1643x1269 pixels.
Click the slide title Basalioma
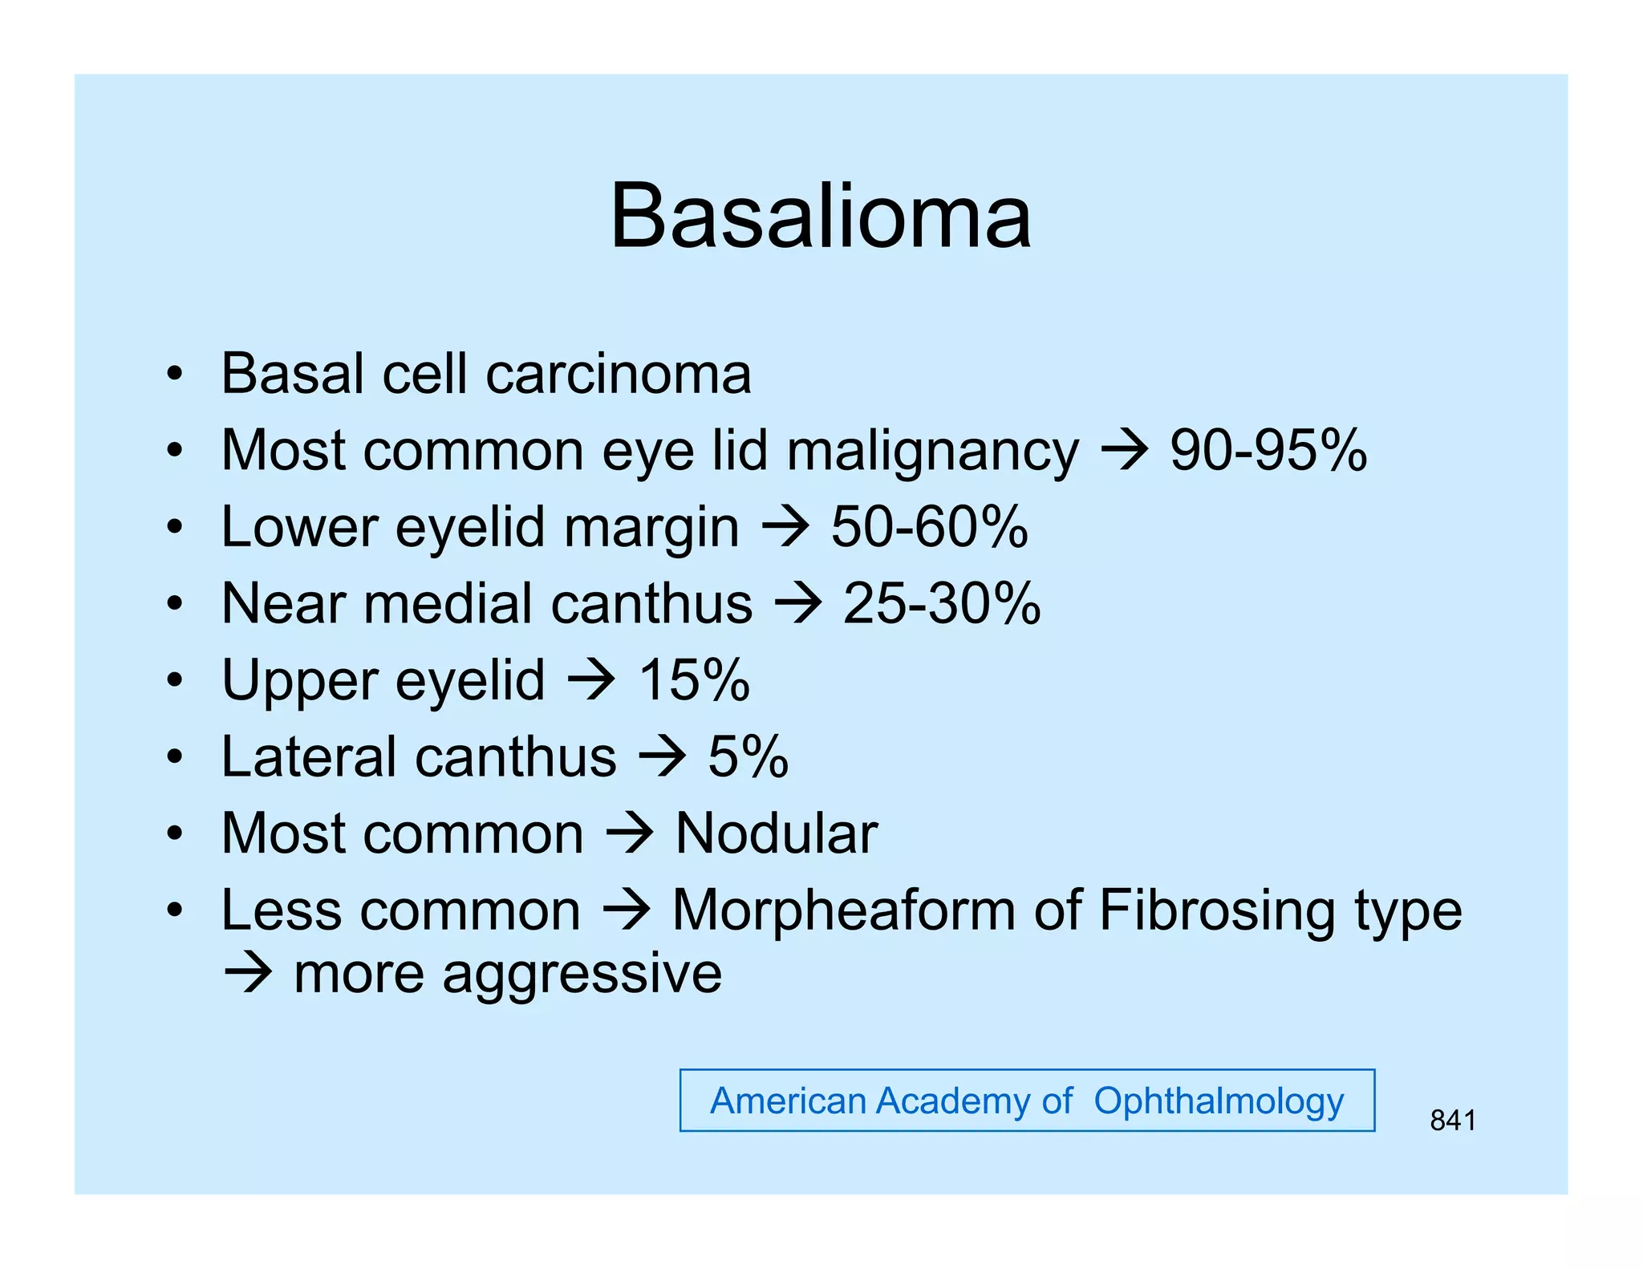coord(820,217)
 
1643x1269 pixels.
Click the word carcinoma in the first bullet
coord(619,374)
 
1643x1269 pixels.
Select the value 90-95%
coord(1268,450)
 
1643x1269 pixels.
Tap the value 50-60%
coord(929,527)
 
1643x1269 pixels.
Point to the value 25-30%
coord(941,603)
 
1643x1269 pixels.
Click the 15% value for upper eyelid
coord(694,680)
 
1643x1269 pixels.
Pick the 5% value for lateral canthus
coord(748,756)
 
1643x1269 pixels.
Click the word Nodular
coord(776,833)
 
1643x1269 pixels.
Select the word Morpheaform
coord(843,910)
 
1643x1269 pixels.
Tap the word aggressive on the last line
coord(582,974)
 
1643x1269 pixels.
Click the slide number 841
coord(1452,1120)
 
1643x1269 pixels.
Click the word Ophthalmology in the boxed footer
coord(1218,1101)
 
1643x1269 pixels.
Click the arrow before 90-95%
coord(1125,450)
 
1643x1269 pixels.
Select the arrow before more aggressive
coord(248,974)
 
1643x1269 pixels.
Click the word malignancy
coord(932,452)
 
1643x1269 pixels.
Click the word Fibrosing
coord(1217,910)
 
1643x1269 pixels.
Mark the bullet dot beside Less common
coord(175,911)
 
